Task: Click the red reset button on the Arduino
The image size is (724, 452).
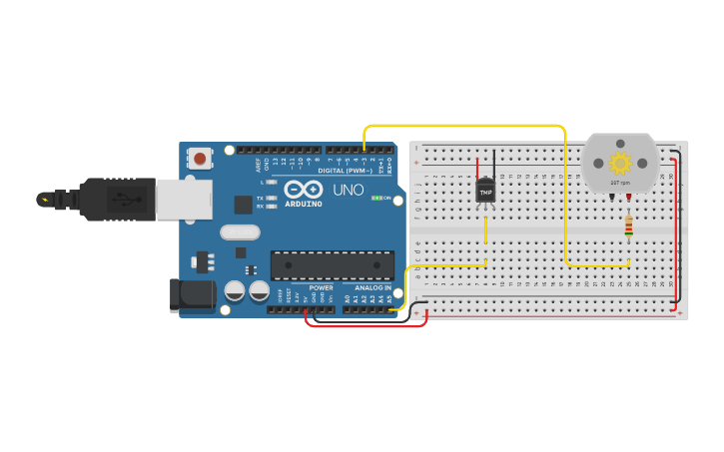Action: (201, 158)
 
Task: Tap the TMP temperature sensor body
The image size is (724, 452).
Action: (485, 190)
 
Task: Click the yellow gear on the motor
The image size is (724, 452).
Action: (620, 162)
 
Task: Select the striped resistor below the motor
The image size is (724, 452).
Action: (628, 227)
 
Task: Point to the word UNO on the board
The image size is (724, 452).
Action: (348, 189)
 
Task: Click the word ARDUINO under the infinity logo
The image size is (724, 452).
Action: (304, 203)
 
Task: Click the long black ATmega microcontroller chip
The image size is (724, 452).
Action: (328, 265)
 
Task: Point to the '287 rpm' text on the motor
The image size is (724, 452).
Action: (620, 183)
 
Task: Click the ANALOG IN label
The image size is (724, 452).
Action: (367, 287)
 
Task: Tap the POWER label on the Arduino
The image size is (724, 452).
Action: (321, 287)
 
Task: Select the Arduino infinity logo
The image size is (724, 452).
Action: (303, 189)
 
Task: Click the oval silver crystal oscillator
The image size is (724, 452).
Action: (241, 232)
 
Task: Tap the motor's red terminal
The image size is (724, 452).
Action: (628, 197)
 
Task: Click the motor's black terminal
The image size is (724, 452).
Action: (611, 197)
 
